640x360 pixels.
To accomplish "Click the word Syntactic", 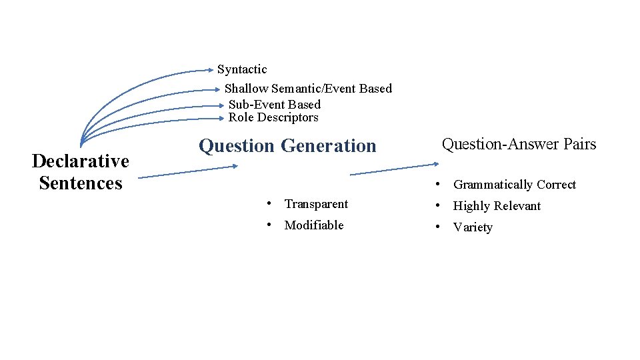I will click(x=242, y=69).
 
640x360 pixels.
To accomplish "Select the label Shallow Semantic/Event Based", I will click(x=308, y=89).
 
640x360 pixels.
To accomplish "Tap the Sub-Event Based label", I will click(x=275, y=105).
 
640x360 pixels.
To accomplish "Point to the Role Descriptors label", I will click(x=273, y=118).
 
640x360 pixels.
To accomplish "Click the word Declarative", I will click(x=80, y=161).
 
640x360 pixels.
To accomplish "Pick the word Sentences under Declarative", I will click(x=80, y=183).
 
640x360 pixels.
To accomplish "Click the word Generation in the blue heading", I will click(x=329, y=146).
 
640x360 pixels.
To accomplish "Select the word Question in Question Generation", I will click(x=237, y=146).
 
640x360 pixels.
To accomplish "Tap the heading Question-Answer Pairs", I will click(x=519, y=144).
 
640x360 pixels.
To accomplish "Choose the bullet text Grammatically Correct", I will click(x=514, y=185).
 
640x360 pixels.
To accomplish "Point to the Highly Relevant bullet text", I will click(x=497, y=206).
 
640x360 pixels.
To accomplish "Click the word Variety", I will click(x=473, y=227).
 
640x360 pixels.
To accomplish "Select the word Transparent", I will click(x=316, y=204).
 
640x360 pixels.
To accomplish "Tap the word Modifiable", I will click(x=314, y=225).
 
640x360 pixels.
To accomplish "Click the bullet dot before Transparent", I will click(x=267, y=203).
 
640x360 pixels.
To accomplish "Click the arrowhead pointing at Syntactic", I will click(x=212, y=69).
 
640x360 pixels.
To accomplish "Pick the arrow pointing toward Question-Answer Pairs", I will click(x=393, y=169).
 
